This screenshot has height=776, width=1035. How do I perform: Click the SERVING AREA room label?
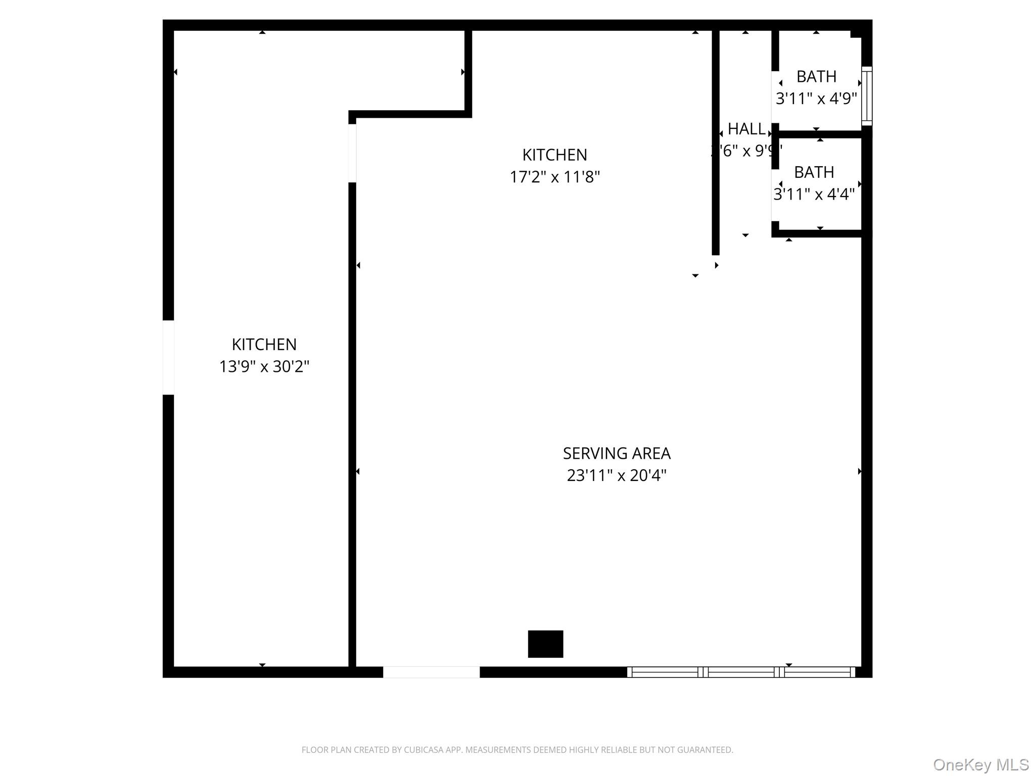click(x=617, y=453)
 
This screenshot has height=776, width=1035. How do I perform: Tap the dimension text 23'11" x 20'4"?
click(x=617, y=475)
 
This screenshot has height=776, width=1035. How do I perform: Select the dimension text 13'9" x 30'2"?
click(x=264, y=366)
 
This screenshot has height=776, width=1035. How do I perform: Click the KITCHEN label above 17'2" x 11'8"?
click(x=554, y=155)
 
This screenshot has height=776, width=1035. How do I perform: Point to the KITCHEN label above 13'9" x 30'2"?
click(x=264, y=344)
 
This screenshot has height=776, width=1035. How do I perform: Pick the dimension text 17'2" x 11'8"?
click(x=554, y=177)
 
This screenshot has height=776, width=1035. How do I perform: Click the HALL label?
click(x=746, y=129)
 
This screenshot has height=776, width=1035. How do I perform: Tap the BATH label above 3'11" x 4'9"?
click(x=816, y=76)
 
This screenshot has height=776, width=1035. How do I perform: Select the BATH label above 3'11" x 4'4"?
click(x=814, y=172)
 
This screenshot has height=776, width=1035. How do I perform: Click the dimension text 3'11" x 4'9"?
click(x=816, y=99)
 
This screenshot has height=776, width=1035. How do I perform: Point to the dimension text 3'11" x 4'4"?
click(x=814, y=195)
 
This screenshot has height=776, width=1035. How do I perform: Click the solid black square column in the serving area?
click(x=545, y=644)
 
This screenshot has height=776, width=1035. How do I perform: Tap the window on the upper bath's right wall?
click(x=867, y=96)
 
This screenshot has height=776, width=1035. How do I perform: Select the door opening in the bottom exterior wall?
click(x=431, y=672)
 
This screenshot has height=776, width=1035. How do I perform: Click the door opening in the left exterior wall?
click(x=168, y=357)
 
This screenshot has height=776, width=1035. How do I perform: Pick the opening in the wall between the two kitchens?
click(x=352, y=153)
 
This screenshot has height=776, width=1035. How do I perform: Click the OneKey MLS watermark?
click(x=980, y=765)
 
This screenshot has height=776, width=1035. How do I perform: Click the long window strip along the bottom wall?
click(x=741, y=672)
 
